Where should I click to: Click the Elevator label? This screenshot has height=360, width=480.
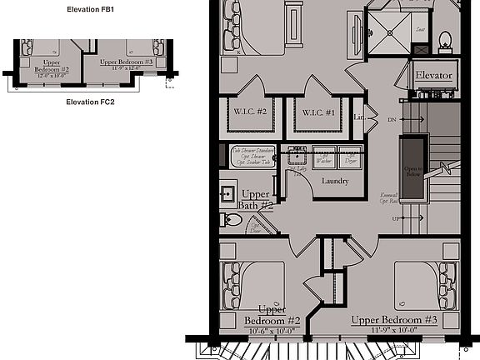433,77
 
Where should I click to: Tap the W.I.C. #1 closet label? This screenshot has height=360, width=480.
318,113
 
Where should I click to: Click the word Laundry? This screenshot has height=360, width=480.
334,181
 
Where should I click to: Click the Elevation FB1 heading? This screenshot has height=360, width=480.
90,9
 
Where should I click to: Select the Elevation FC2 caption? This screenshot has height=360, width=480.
90,102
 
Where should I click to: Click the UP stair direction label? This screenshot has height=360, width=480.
393,218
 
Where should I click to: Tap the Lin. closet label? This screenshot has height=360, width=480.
359,117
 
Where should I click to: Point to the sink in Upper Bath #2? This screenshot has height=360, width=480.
227,193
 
